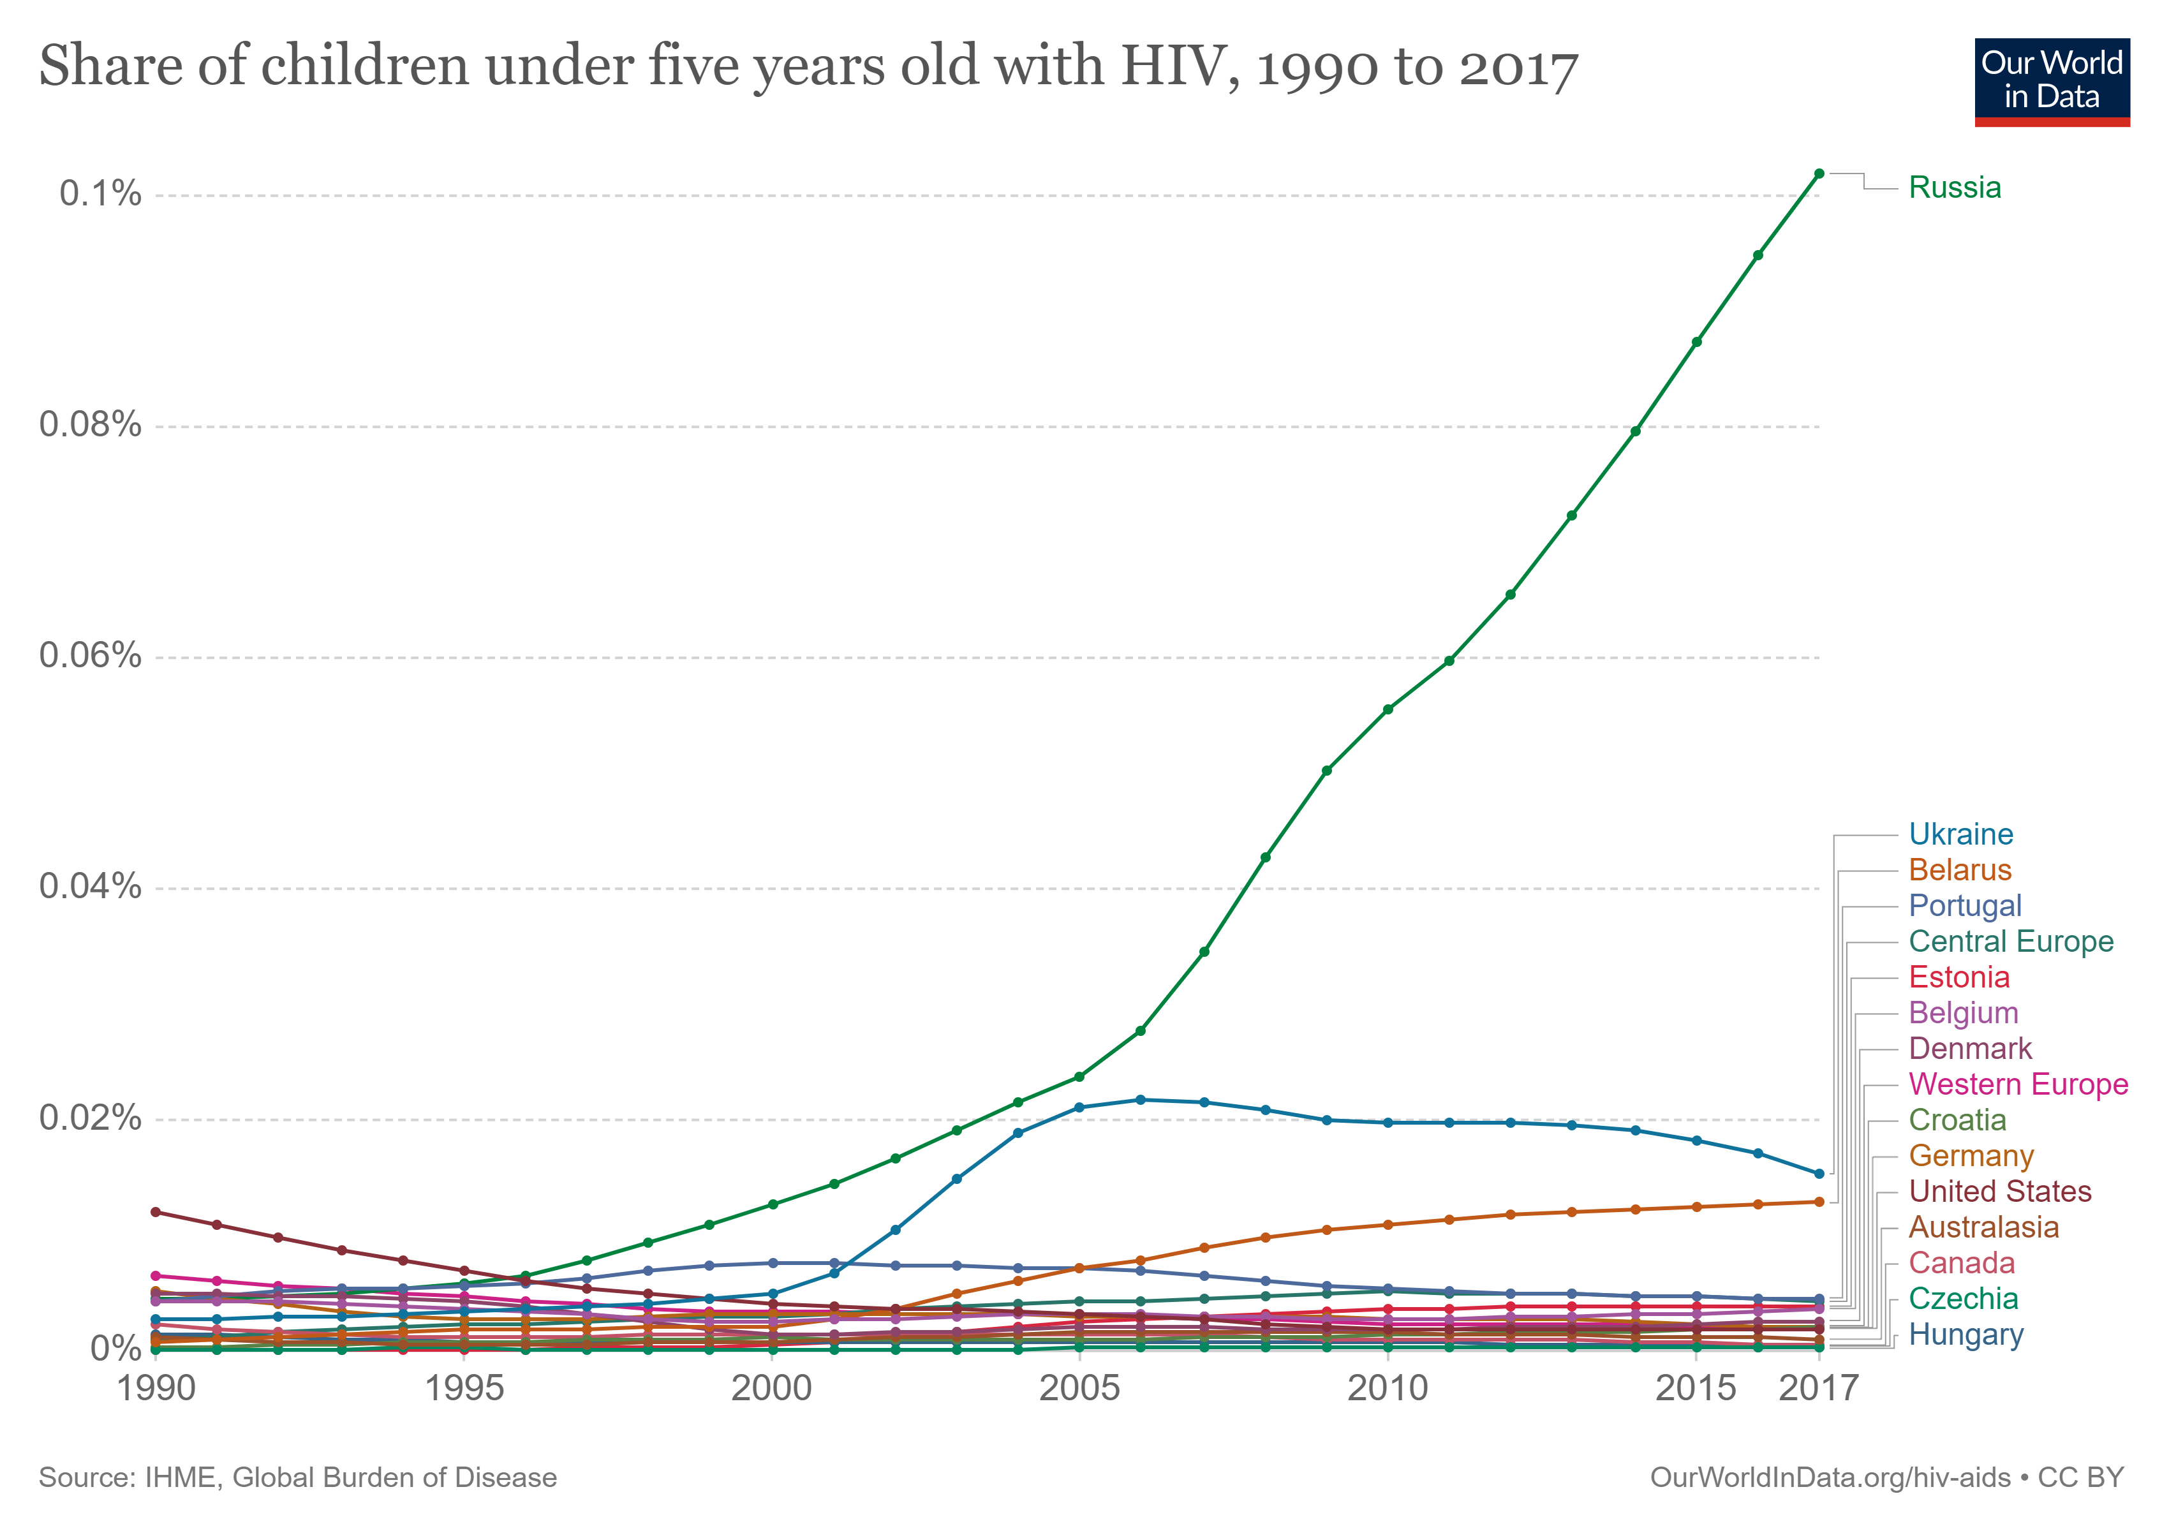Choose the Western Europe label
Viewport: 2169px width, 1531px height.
(2018, 1084)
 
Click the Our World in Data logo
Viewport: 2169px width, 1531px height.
(2051, 81)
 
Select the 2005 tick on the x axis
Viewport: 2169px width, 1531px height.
(1079, 1388)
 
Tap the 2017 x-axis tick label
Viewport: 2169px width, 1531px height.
(1817, 1388)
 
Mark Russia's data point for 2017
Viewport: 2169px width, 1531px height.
(1819, 174)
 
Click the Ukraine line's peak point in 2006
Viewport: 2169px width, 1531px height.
(1140, 1099)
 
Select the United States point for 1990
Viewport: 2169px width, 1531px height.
(156, 1212)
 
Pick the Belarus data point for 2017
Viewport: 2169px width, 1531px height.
(1819, 1202)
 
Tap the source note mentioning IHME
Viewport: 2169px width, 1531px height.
(297, 1477)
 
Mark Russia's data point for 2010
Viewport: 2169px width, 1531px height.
(1387, 709)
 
